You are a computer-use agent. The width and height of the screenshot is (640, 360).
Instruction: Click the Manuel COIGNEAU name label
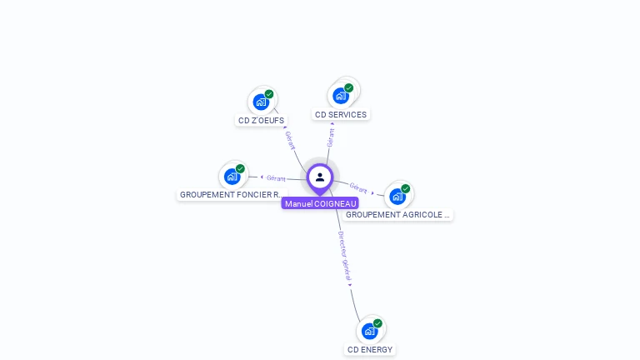(x=320, y=203)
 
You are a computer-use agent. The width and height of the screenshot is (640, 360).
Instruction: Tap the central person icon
(x=320, y=177)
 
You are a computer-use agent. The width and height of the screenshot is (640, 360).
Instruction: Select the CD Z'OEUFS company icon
(x=261, y=102)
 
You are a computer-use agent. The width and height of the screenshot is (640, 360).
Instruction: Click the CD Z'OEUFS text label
(x=261, y=120)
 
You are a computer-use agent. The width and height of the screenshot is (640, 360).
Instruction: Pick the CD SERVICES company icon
(x=340, y=97)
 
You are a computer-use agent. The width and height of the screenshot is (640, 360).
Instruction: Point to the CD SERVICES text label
(x=341, y=115)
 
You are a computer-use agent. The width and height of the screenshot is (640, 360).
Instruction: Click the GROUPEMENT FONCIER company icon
(x=232, y=177)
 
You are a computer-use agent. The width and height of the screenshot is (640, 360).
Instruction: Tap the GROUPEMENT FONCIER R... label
(x=232, y=195)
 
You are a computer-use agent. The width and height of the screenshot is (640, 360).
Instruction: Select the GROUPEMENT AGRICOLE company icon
(x=397, y=197)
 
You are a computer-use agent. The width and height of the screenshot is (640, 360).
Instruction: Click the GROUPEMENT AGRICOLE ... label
(x=397, y=215)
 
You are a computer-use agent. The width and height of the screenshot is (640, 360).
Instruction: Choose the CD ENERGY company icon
(x=369, y=331)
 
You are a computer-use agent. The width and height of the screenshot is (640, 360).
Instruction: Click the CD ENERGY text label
(x=370, y=350)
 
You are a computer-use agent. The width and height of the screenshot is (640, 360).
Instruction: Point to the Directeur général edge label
(x=344, y=256)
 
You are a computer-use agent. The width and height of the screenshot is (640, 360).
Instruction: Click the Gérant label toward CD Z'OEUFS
(x=290, y=140)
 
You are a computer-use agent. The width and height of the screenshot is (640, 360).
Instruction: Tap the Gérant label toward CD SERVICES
(x=331, y=137)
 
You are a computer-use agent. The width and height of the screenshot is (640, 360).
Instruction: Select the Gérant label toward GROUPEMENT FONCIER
(x=276, y=178)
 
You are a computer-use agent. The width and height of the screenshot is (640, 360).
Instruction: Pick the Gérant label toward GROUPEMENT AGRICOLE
(x=358, y=187)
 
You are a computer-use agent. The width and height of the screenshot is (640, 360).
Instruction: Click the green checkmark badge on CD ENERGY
(x=377, y=323)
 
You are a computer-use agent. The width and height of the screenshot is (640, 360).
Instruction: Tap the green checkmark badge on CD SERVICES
(x=348, y=87)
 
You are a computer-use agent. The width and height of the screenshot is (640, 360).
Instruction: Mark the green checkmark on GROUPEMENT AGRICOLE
(x=405, y=188)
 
